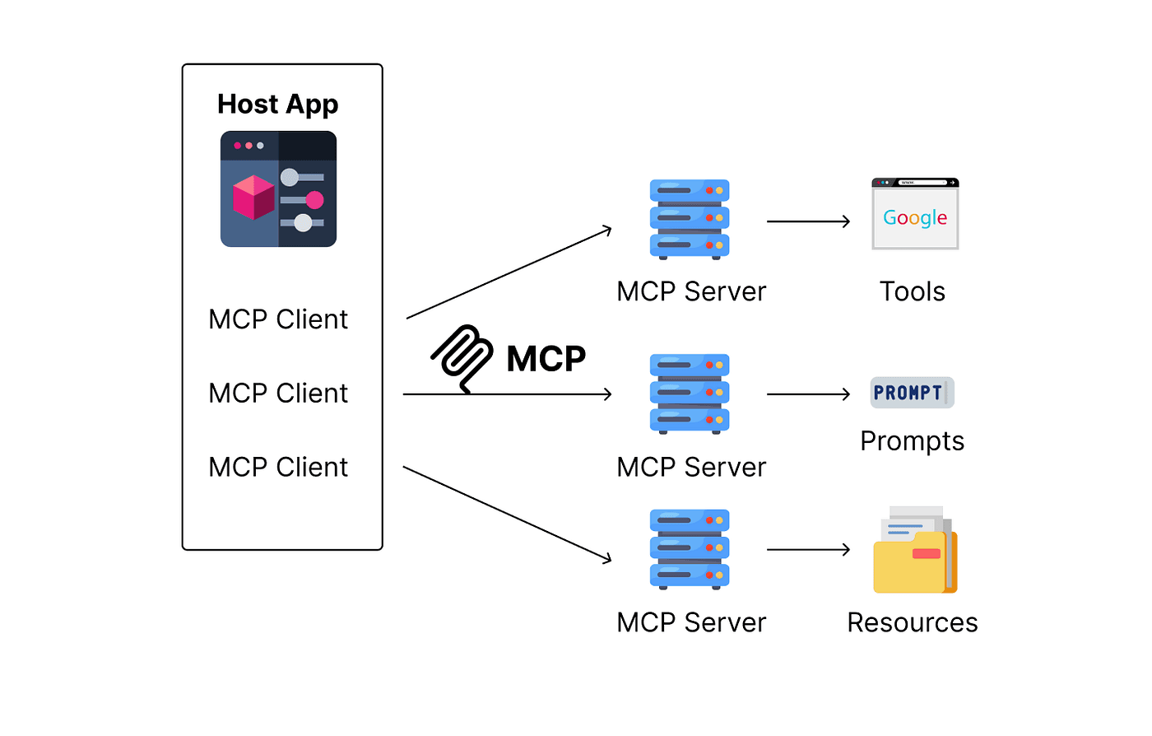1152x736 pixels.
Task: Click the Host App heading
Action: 277,105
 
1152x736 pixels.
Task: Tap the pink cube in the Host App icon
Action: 253,198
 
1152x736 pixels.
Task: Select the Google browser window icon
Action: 915,214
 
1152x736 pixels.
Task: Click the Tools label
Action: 912,291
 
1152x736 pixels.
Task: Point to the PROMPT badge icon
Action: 912,393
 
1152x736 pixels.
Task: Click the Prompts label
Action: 912,441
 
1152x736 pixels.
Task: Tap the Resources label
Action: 912,622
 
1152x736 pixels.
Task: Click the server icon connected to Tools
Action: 690,219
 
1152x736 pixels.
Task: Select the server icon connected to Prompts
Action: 690,394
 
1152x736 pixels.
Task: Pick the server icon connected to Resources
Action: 690,549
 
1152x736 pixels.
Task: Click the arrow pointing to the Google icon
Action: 808,221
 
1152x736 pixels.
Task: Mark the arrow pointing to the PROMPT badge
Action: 808,394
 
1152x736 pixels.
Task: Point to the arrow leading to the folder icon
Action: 808,549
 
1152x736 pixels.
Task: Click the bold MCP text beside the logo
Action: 546,359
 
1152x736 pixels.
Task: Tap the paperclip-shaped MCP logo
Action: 462,357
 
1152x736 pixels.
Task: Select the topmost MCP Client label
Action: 278,319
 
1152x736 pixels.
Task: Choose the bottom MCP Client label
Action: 278,468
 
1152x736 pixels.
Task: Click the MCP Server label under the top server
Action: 691,291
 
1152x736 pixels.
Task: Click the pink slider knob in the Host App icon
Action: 314,200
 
